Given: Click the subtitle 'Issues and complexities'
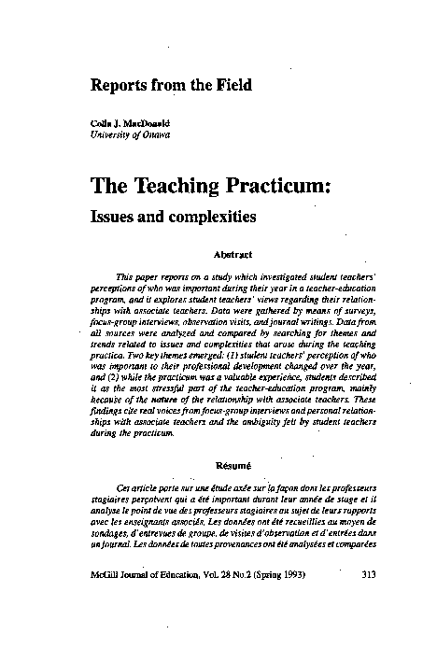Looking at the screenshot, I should coord(173,217).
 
